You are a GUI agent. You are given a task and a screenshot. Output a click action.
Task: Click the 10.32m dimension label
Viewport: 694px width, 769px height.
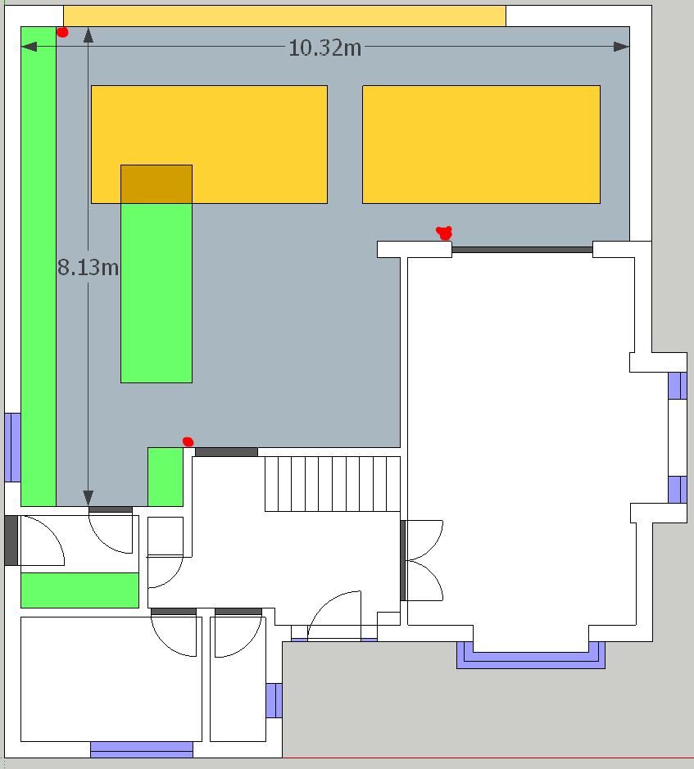[x=325, y=48]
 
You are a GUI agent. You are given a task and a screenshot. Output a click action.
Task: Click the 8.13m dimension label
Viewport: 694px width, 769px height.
[x=88, y=267]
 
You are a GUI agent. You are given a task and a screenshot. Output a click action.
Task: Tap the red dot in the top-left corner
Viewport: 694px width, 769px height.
[x=62, y=33]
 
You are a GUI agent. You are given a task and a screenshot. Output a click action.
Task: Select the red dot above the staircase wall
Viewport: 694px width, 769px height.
[x=188, y=442]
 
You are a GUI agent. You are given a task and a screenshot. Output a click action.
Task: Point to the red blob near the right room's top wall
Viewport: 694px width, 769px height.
[x=444, y=233]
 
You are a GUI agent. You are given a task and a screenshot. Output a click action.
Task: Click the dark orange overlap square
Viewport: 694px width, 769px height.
[x=156, y=184]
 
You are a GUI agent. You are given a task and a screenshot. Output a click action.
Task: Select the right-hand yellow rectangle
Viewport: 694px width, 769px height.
[x=481, y=145]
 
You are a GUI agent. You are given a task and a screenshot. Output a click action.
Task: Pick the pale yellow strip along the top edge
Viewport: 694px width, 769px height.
[x=284, y=16]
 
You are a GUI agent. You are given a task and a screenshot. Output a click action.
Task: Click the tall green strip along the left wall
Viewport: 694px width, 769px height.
[x=39, y=266]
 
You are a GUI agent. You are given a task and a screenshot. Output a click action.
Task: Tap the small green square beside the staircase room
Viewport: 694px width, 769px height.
[x=166, y=477]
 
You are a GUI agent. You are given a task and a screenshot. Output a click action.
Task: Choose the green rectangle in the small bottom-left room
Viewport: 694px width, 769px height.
[x=80, y=590]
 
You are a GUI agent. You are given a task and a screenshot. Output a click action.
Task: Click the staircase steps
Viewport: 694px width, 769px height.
[x=333, y=484]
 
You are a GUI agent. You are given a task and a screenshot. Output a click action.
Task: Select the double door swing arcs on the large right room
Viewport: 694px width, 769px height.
[x=425, y=560]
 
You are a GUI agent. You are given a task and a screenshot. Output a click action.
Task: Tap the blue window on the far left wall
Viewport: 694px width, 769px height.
[x=13, y=447]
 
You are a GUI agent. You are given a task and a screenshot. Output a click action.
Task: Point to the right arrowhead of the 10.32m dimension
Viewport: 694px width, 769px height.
[x=621, y=47]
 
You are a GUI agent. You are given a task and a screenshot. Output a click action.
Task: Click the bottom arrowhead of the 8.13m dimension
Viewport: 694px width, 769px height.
[x=88, y=498]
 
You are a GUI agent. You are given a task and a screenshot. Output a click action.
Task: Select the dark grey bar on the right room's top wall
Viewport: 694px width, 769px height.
[x=522, y=250]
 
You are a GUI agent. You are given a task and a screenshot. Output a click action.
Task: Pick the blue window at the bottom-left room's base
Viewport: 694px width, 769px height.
[x=142, y=749]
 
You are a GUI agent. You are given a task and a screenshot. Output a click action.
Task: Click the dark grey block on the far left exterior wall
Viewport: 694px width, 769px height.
[x=11, y=541]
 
